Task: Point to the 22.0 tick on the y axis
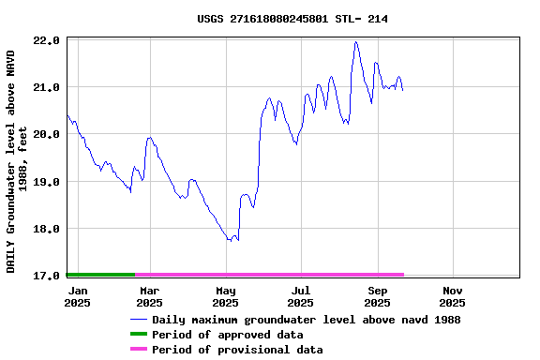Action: pos(47,41)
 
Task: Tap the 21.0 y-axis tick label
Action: pos(47,88)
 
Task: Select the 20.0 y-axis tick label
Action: pos(47,135)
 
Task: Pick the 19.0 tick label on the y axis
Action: pos(47,182)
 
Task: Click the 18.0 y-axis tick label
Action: pos(47,229)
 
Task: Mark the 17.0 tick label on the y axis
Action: pos(47,276)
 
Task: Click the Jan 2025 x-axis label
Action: pos(77,296)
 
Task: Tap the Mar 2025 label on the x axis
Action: pos(149,296)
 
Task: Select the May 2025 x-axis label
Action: pos(225,296)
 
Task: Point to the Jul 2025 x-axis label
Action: pos(300,296)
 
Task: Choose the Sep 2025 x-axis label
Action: pos(377,296)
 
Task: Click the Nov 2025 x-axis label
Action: pos(452,296)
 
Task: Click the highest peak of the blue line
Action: pos(356,42)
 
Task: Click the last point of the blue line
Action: pos(402,89)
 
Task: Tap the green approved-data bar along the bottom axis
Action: pos(100,275)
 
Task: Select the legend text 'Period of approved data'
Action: pos(227,335)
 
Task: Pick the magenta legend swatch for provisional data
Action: pos(138,350)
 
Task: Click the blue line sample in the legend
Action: pos(138,320)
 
